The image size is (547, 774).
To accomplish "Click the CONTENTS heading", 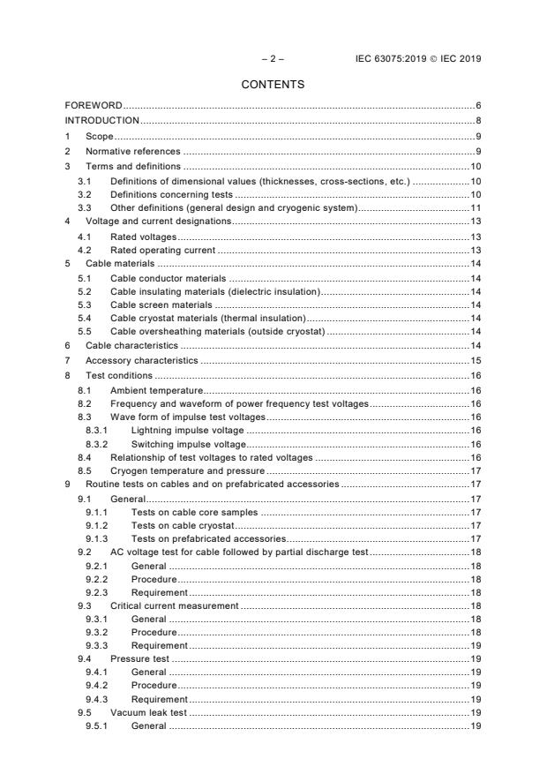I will point(273,85).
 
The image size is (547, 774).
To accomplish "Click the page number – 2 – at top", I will point(273,58).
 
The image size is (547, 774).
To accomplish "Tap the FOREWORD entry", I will point(94,106).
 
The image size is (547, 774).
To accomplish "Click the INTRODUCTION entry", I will point(102,121).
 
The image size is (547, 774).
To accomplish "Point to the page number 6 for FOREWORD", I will point(477,106).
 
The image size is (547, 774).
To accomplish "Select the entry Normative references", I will point(131,152).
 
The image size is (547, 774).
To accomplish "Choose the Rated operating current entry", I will point(163,251).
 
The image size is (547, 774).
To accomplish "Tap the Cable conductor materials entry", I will point(169,278).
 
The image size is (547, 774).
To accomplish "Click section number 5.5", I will point(85,331).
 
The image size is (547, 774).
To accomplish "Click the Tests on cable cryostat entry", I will point(183,525).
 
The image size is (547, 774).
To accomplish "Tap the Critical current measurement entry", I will point(174,605).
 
